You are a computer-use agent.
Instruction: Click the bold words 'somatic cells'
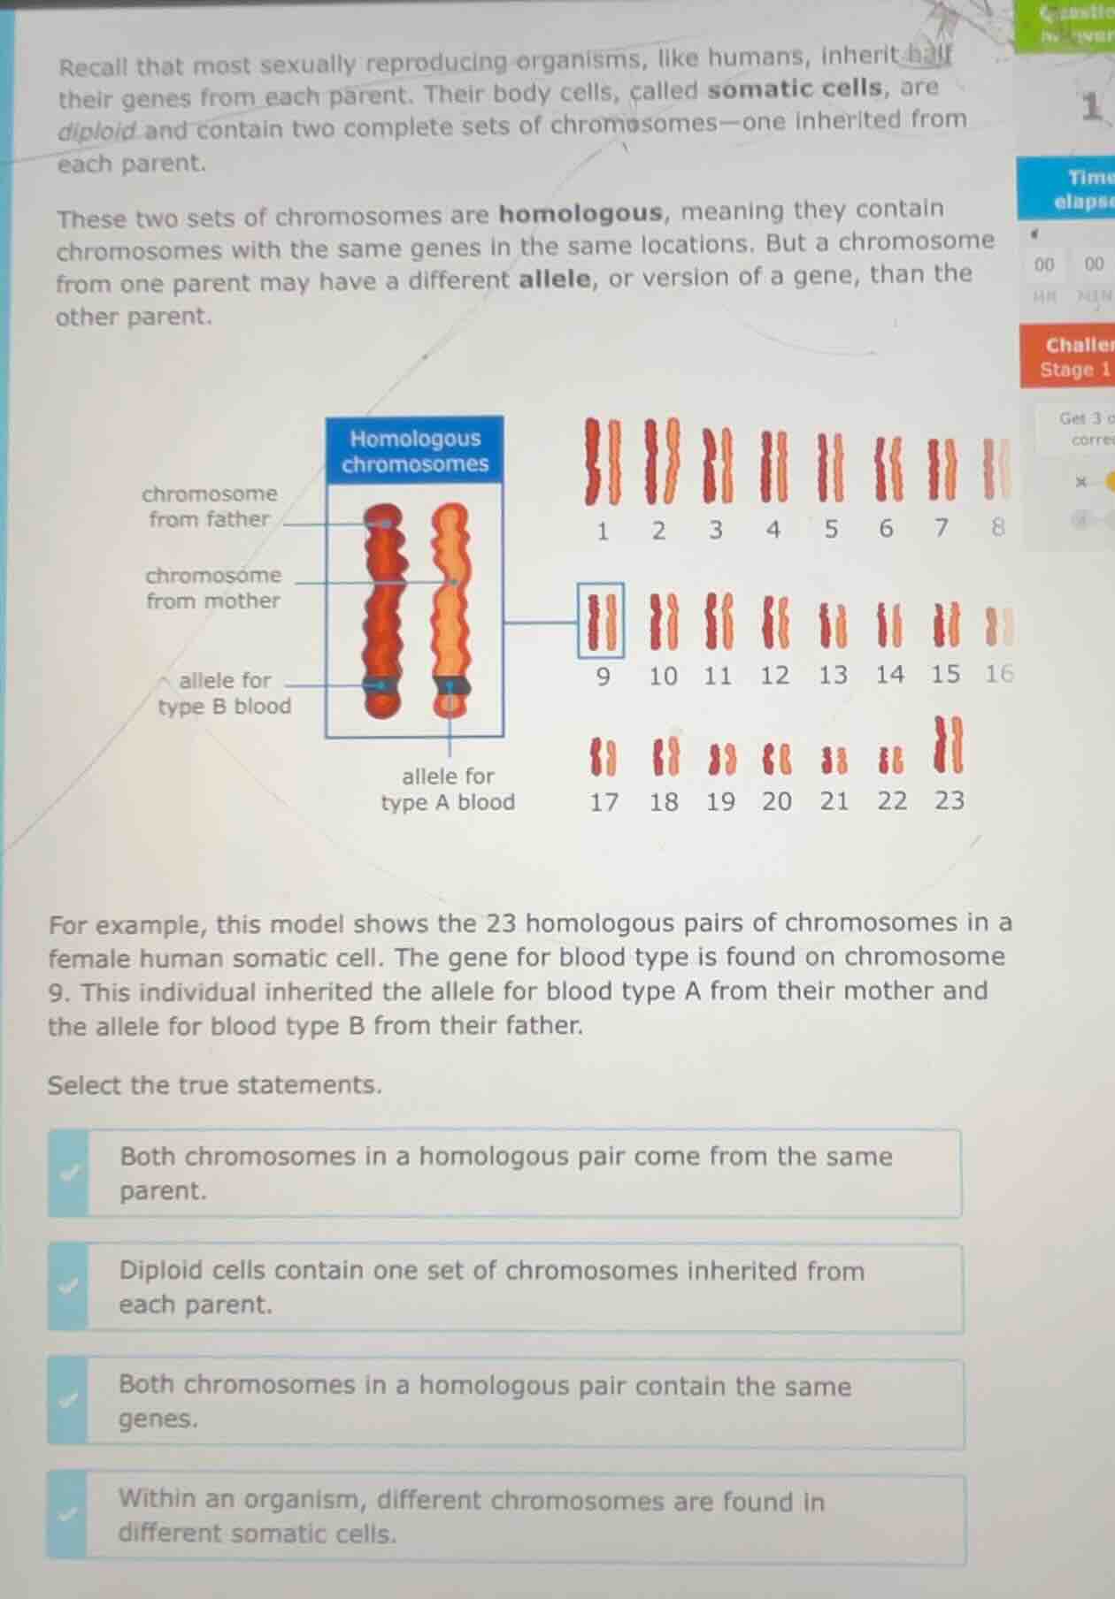tap(794, 89)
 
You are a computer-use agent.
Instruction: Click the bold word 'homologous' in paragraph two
tap(580, 213)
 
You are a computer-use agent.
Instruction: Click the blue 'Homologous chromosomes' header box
tap(414, 451)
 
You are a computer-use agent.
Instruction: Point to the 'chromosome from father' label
tap(210, 506)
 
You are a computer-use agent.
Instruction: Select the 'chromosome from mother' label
tap(213, 588)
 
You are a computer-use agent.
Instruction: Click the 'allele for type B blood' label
tap(224, 693)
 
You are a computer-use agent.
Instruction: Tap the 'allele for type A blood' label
tap(448, 789)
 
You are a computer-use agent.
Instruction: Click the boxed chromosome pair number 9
tap(601, 620)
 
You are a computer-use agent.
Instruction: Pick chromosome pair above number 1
tap(602, 462)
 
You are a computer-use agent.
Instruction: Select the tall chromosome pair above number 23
tap(949, 745)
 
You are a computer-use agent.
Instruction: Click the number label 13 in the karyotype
tap(832, 676)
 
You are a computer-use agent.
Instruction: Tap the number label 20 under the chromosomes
tap(776, 802)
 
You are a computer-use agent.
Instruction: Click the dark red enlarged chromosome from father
tap(384, 610)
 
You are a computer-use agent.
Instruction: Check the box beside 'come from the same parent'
tap(69, 1173)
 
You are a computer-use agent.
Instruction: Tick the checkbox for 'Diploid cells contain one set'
tap(69, 1287)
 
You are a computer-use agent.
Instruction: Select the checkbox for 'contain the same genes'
tap(69, 1401)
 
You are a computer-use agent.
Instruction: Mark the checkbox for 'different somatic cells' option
tap(67, 1515)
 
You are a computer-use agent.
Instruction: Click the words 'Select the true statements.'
tap(215, 1085)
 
